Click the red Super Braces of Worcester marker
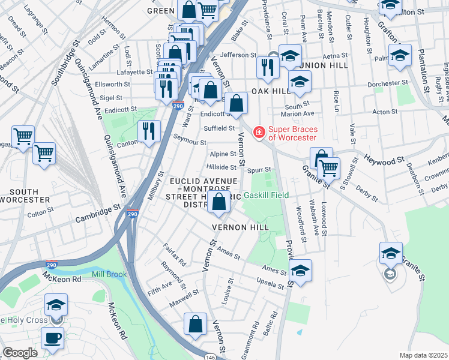(259, 131)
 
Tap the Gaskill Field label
(267, 195)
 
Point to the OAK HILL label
(267, 91)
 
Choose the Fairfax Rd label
(175, 254)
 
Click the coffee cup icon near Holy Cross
(53, 337)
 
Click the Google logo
(20, 353)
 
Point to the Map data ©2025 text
(423, 355)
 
